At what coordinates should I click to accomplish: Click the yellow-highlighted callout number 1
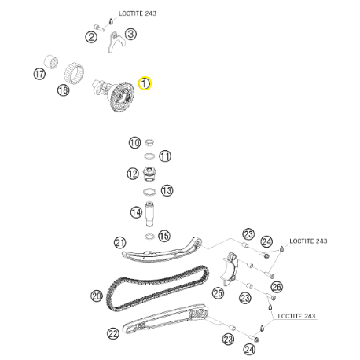[x=145, y=83]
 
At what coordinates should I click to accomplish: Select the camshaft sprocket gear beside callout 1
[x=123, y=97]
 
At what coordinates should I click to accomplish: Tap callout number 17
[x=39, y=74]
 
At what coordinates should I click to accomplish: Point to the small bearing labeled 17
[x=51, y=62]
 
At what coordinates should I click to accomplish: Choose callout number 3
[x=130, y=34]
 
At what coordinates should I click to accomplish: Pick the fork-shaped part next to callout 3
[x=113, y=42]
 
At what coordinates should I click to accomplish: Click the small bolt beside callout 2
[x=99, y=28]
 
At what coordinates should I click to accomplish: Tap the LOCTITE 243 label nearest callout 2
[x=138, y=13]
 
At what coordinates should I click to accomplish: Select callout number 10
[x=134, y=143]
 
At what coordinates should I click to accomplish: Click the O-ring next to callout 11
[x=149, y=156]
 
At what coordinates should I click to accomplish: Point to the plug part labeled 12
[x=149, y=174]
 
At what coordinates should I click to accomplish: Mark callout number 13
[x=167, y=190]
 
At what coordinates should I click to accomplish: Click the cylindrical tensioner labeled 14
[x=150, y=214]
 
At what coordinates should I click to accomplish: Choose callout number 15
[x=164, y=236]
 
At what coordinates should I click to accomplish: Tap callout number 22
[x=113, y=333]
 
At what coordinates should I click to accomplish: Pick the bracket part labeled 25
[x=230, y=269]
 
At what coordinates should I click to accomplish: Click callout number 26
[x=277, y=287]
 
